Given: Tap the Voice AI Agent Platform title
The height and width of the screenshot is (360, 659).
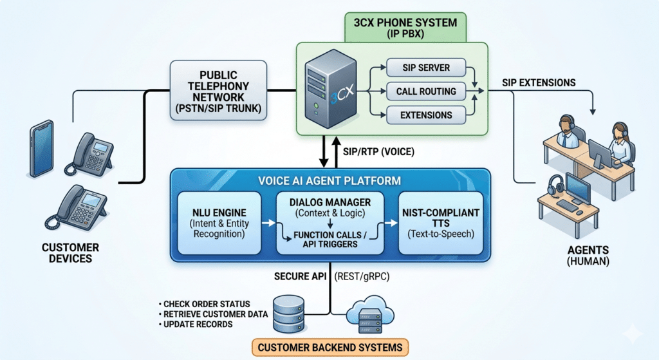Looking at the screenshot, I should coord(329,181).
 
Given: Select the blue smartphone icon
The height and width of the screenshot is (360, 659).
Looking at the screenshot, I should coord(42,148).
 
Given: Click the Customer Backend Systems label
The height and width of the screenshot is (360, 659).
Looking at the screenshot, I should coord(329,348).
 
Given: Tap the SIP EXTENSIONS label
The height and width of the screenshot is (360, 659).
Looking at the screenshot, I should coord(539,82).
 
